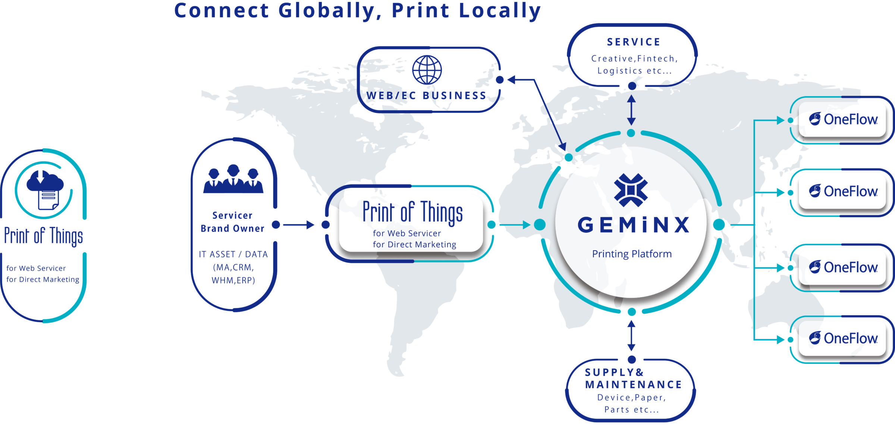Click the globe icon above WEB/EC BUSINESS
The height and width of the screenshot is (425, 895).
click(427, 70)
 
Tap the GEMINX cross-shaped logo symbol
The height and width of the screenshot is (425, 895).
click(631, 190)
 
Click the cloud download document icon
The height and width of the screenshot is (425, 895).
click(45, 189)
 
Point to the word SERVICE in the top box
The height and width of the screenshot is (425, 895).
click(634, 42)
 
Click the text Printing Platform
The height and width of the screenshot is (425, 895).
click(632, 254)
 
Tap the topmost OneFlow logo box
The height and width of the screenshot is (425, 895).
click(842, 120)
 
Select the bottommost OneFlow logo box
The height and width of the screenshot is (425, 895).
click(842, 339)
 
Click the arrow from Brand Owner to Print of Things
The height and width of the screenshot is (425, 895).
click(299, 225)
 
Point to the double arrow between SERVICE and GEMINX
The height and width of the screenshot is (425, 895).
click(631, 110)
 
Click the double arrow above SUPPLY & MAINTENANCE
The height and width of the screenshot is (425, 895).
click(631, 336)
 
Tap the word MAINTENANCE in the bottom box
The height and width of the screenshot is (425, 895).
click(634, 385)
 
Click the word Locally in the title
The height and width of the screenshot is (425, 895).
click(500, 11)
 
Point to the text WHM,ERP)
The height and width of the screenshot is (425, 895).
click(233, 281)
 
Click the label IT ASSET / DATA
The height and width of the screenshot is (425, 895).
click(233, 254)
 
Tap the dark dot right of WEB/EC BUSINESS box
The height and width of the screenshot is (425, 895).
click(500, 80)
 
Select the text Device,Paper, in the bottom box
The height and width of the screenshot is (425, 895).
click(631, 398)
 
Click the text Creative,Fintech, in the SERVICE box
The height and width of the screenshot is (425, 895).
click(635, 59)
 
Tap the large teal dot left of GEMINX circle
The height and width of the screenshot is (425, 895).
click(540, 225)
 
